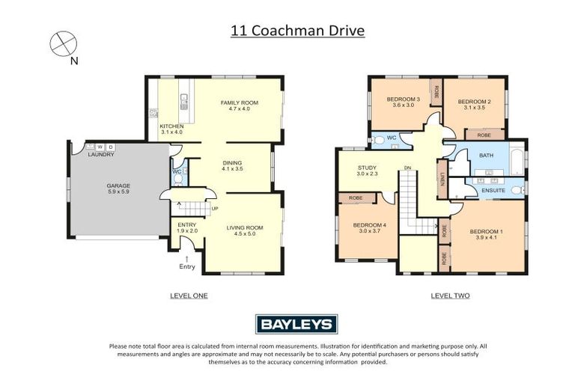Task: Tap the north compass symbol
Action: click(x=63, y=43)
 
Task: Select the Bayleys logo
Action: click(x=296, y=323)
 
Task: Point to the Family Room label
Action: click(x=239, y=106)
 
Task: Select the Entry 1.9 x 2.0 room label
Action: click(x=187, y=227)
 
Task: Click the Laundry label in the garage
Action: click(x=101, y=154)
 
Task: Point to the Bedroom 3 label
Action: click(x=402, y=102)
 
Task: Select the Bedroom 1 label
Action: click(x=486, y=235)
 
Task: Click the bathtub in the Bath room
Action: click(x=517, y=160)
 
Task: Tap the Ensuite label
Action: click(x=493, y=191)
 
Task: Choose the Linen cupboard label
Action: click(x=442, y=180)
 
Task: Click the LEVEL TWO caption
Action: click(x=450, y=295)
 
